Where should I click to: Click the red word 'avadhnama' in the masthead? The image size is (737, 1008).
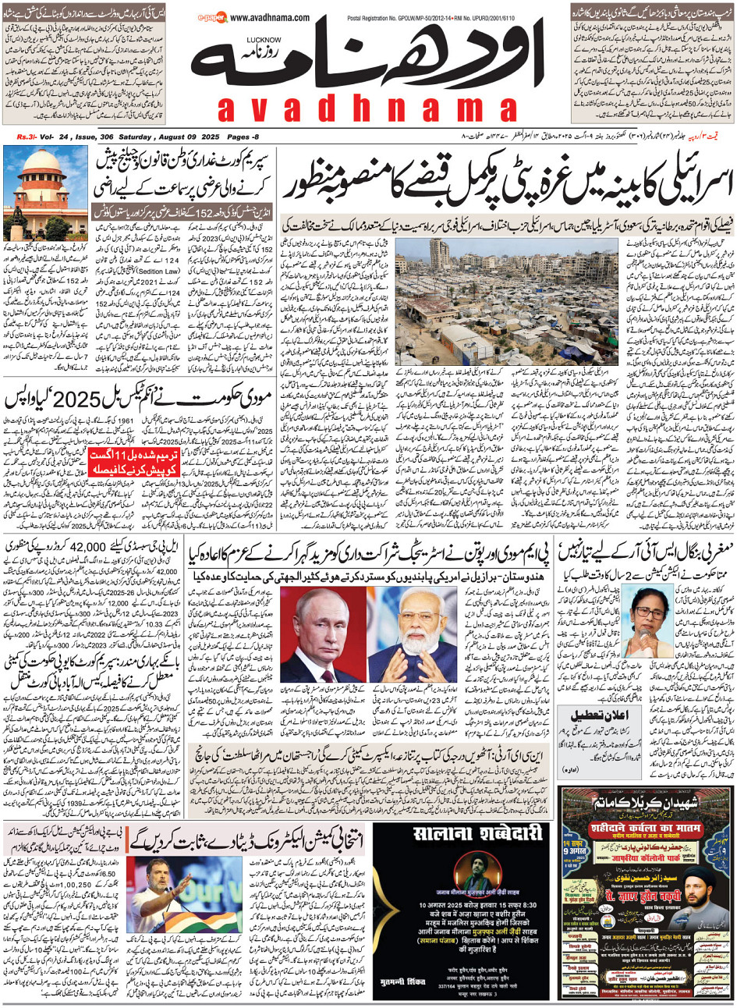(367, 109)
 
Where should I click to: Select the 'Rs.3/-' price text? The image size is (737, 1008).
(27, 137)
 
